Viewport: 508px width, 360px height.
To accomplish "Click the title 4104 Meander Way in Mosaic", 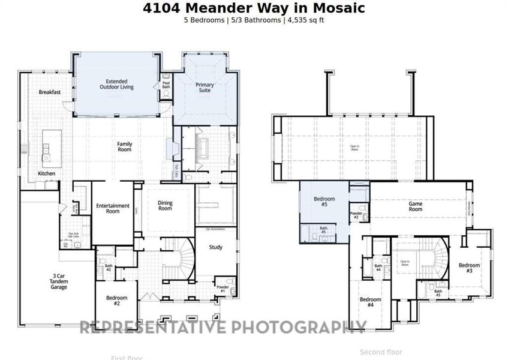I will [x=254, y=8].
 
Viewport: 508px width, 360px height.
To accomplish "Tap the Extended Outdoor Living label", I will [x=116, y=84].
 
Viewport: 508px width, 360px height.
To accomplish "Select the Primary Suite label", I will [x=205, y=88].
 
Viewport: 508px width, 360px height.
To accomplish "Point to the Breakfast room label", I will [x=48, y=92].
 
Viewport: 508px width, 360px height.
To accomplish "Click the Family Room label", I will [x=124, y=146].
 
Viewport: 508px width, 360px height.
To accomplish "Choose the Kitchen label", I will [x=47, y=173].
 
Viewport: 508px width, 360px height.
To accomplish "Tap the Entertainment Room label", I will [x=113, y=208].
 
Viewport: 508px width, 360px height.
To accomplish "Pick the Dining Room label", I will [x=165, y=206].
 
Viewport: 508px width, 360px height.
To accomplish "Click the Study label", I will [x=215, y=247].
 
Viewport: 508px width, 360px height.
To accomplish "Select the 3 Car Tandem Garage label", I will [x=59, y=282].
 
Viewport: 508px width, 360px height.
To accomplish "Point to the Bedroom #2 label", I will [x=117, y=301].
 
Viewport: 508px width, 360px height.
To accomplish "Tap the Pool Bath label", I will [x=166, y=85].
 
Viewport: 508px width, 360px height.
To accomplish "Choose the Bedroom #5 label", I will [x=324, y=202].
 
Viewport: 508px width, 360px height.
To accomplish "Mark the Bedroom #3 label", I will [x=470, y=268].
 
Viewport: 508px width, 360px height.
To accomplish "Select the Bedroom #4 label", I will [x=371, y=302].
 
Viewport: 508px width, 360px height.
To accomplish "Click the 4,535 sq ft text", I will [x=306, y=20].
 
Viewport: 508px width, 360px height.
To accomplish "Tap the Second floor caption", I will [x=381, y=352].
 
